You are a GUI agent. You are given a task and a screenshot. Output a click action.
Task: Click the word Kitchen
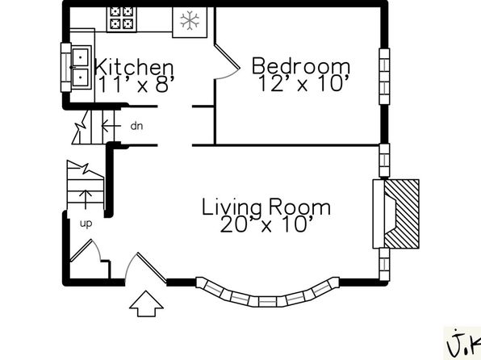click(134, 66)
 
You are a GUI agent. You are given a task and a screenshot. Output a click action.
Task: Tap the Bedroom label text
click(300, 65)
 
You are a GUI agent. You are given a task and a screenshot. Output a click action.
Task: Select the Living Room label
click(266, 207)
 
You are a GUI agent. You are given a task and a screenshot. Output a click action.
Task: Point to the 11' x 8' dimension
click(136, 84)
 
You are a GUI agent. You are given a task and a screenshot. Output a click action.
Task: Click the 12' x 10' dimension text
click(304, 83)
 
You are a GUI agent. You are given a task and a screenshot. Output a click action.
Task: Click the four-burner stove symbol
click(122, 19)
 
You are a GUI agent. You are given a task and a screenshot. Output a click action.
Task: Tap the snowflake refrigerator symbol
click(190, 22)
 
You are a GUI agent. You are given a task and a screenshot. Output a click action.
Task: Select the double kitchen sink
click(82, 67)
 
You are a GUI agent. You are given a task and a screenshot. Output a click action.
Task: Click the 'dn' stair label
click(136, 126)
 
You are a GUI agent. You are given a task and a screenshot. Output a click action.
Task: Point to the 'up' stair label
click(86, 224)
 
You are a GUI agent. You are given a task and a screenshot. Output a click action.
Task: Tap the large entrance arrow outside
click(146, 303)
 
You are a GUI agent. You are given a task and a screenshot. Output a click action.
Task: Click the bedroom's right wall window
click(384, 77)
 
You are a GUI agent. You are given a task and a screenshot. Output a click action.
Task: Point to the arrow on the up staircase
click(86, 199)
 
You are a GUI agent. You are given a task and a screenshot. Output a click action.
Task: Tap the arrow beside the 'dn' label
click(111, 126)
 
